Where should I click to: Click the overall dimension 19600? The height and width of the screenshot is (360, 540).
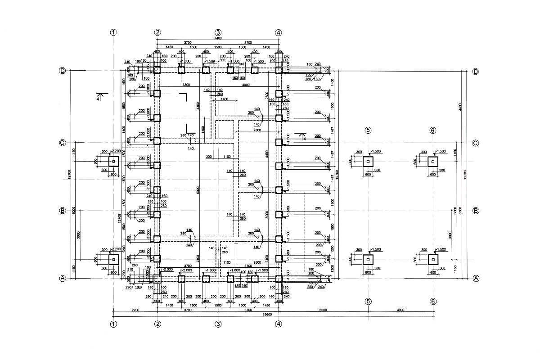pyautogui.click(x=267, y=315)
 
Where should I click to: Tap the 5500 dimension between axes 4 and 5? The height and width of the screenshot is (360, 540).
pyautogui.click(x=323, y=310)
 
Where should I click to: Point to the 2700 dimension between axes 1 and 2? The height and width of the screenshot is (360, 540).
pyautogui.click(x=135, y=310)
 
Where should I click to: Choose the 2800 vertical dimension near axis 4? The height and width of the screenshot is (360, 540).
pyautogui.click(x=267, y=95)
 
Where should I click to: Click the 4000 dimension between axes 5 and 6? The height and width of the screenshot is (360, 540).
pyautogui.click(x=400, y=310)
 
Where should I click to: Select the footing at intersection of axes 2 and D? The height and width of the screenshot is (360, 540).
pyautogui.click(x=157, y=70)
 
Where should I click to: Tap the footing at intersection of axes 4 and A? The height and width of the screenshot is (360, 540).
pyautogui.click(x=279, y=279)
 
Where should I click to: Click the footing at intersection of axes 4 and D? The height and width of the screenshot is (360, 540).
pyautogui.click(x=279, y=70)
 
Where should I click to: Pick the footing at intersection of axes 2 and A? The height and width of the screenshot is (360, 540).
pyautogui.click(x=157, y=279)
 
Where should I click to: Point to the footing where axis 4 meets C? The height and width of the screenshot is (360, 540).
pyautogui.click(x=279, y=142)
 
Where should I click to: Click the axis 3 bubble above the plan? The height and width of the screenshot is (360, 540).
pyautogui.click(x=218, y=32)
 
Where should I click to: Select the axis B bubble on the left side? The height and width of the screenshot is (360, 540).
pyautogui.click(x=63, y=211)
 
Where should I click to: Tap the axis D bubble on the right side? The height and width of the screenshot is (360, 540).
pyautogui.click(x=475, y=72)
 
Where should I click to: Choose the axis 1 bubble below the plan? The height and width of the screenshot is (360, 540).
pyautogui.click(x=113, y=324)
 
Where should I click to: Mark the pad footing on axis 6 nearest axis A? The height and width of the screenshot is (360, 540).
pyautogui.click(x=433, y=259)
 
